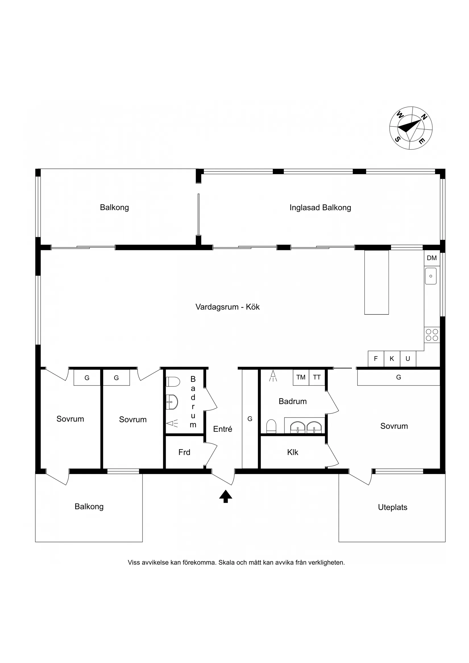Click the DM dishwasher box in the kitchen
pyautogui.click(x=432, y=258)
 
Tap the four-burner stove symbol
pyautogui.click(x=432, y=335)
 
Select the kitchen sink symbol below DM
pyautogui.click(x=431, y=276)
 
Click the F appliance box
pyautogui.click(x=376, y=359)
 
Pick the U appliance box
pyautogui.click(x=408, y=359)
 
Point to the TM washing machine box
pyautogui.click(x=301, y=377)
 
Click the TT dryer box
pyautogui.click(x=317, y=377)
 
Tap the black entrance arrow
pyautogui.click(x=225, y=496)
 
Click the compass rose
pyautogui.click(x=411, y=128)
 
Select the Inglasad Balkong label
pyautogui.click(x=320, y=208)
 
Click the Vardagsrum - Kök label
pyautogui.click(x=227, y=307)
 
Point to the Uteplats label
pyautogui.click(x=393, y=507)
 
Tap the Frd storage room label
pyautogui.click(x=184, y=452)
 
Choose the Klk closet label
pyautogui.click(x=292, y=452)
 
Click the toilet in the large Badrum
pyautogui.click(x=271, y=426)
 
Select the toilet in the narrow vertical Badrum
pyautogui.click(x=173, y=381)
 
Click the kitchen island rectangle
pyautogui.click(x=376, y=282)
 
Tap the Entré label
pyautogui.click(x=223, y=429)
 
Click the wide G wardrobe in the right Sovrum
pyautogui.click(x=398, y=377)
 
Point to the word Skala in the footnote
pyautogui.click(x=227, y=562)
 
